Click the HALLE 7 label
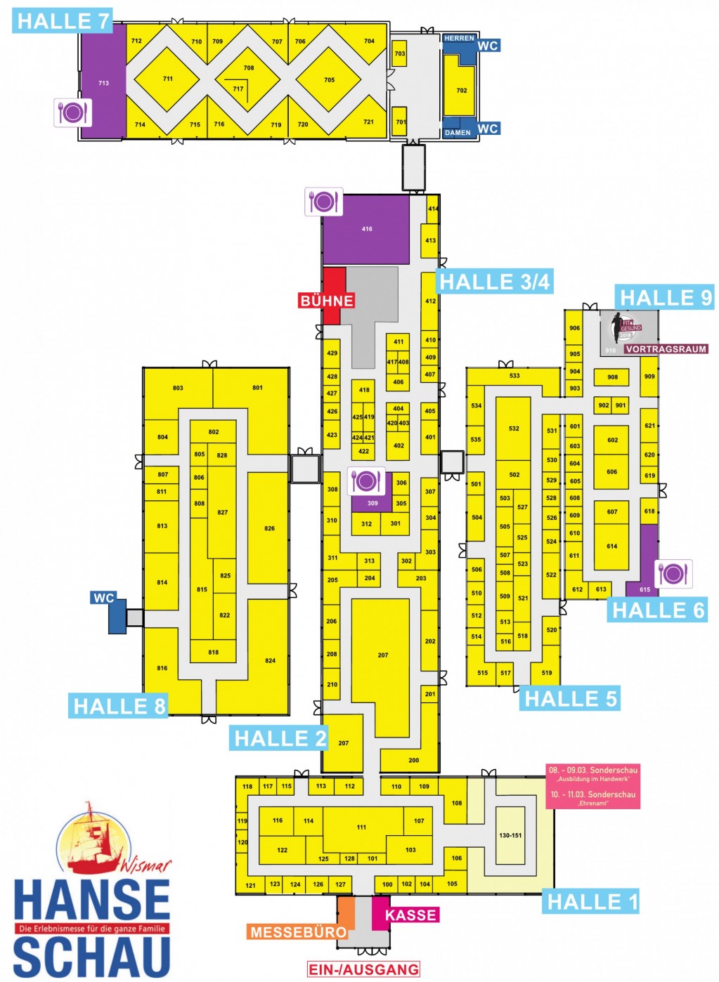(x=62, y=21)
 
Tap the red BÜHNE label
(x=326, y=301)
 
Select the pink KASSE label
(x=411, y=915)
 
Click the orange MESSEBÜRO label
(x=298, y=932)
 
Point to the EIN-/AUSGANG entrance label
(x=363, y=969)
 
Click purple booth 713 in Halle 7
(x=103, y=83)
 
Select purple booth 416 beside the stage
(x=366, y=229)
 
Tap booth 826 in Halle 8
(x=269, y=528)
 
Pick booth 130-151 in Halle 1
(x=510, y=835)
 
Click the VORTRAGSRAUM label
(x=666, y=349)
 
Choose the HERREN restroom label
(x=459, y=38)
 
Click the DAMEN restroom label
(x=458, y=132)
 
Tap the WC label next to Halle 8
(x=103, y=598)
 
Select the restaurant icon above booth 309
(x=366, y=481)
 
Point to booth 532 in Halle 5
(x=514, y=428)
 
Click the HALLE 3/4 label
(x=495, y=282)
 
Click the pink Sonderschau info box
(x=592, y=786)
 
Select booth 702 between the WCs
(x=461, y=90)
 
